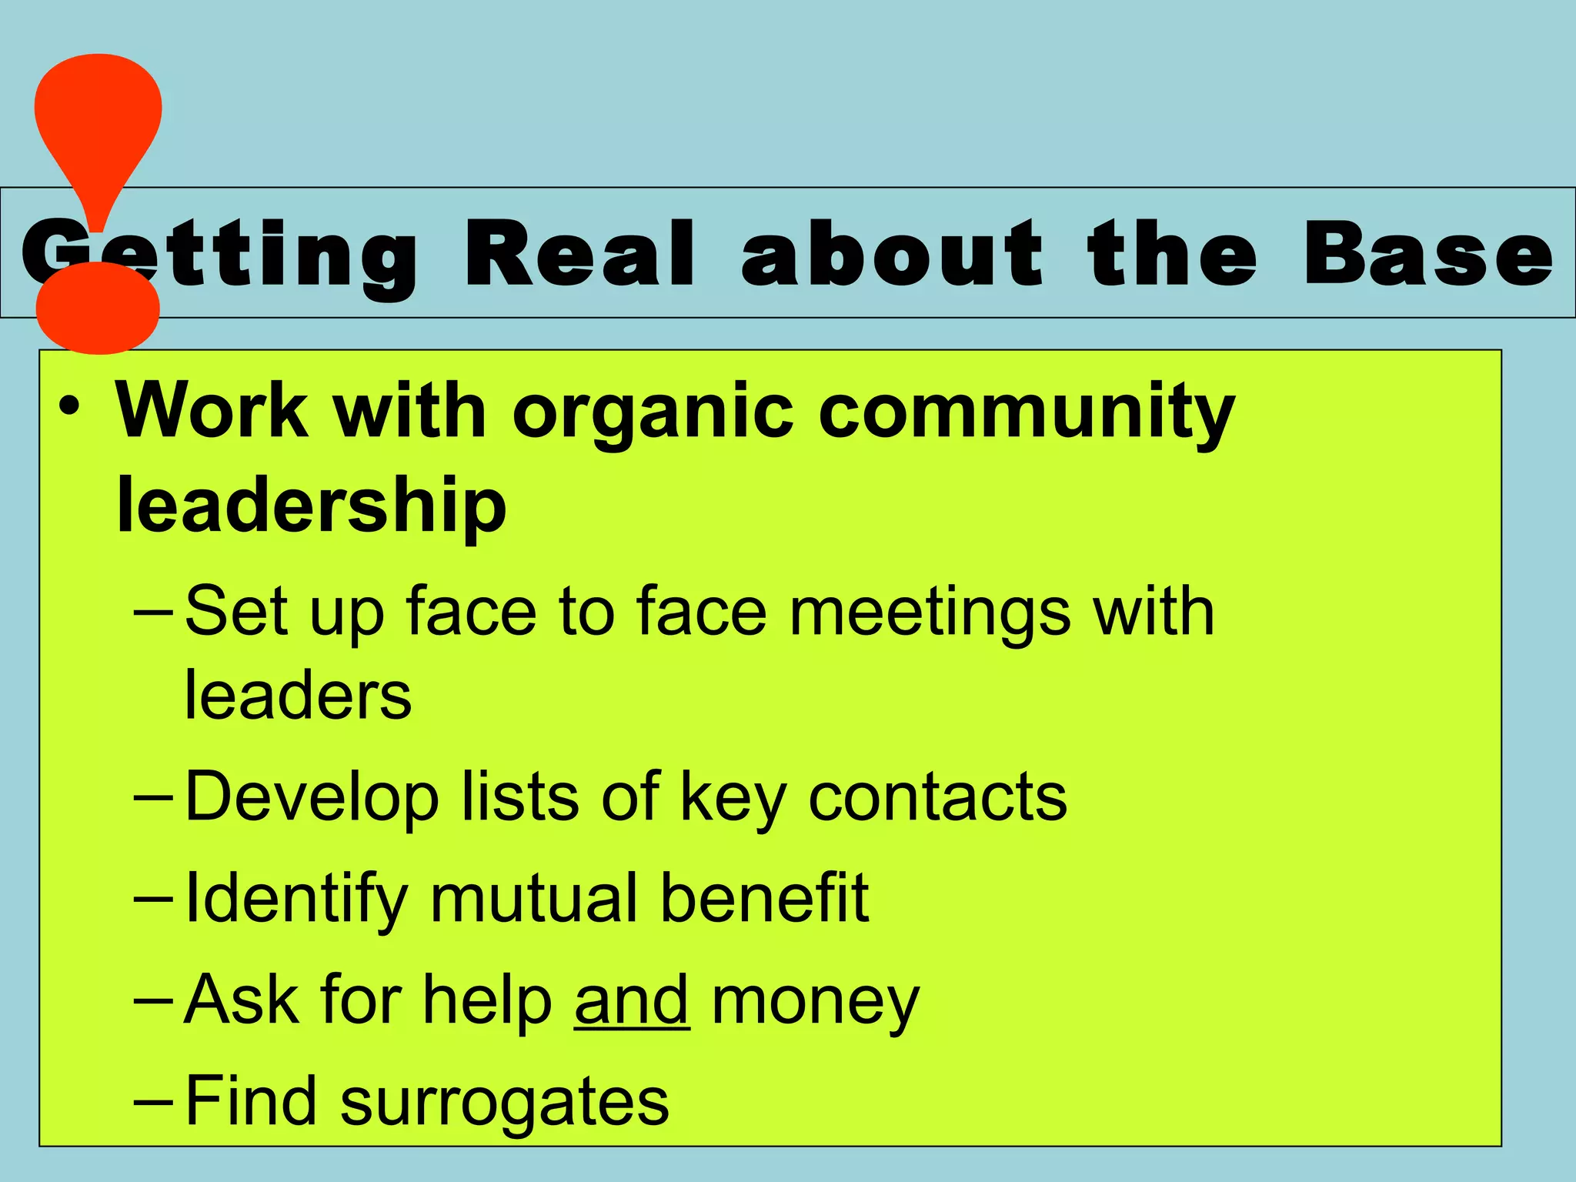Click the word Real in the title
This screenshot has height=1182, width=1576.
(x=580, y=254)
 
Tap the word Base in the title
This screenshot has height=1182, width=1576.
(x=1428, y=254)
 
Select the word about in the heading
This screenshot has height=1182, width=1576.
(x=893, y=254)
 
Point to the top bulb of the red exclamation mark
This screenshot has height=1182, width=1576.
(x=98, y=115)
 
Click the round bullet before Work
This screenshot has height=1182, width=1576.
(x=70, y=407)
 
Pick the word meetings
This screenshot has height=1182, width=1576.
(x=930, y=612)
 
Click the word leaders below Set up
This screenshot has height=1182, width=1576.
(x=298, y=696)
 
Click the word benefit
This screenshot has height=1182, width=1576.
(x=764, y=897)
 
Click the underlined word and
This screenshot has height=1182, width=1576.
(x=632, y=1000)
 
